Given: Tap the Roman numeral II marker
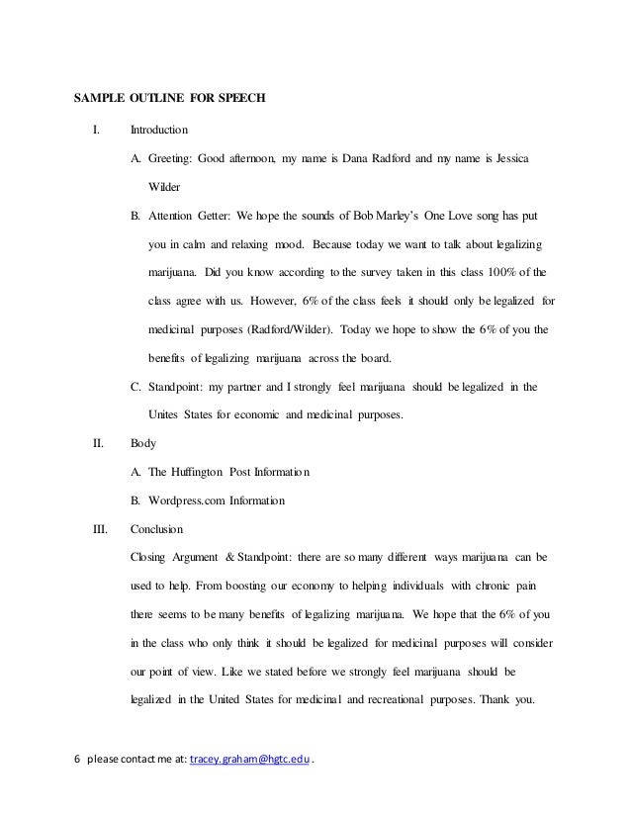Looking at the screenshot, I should coord(98,444).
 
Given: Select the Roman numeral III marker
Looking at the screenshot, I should coord(100,529).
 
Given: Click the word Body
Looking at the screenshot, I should coord(143,444).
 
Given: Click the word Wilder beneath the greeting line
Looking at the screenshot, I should coord(165,186).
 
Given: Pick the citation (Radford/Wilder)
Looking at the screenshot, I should coord(261,328).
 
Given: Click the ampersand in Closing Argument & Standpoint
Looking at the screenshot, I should coord(243,558).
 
